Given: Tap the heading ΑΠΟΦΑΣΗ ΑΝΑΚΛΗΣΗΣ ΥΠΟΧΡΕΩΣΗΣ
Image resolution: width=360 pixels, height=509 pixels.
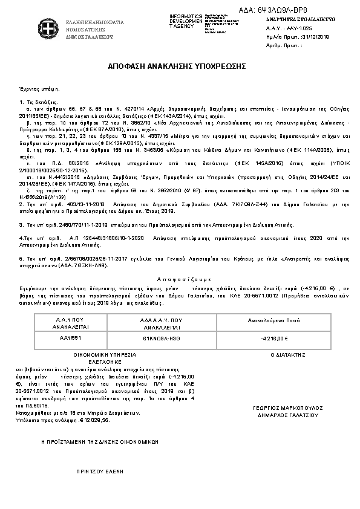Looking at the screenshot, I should click(179, 65).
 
